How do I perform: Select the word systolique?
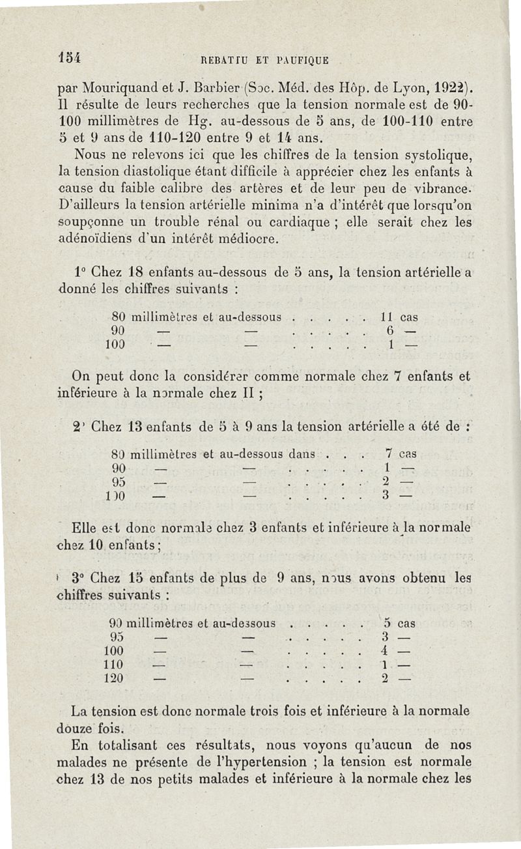click(433, 156)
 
